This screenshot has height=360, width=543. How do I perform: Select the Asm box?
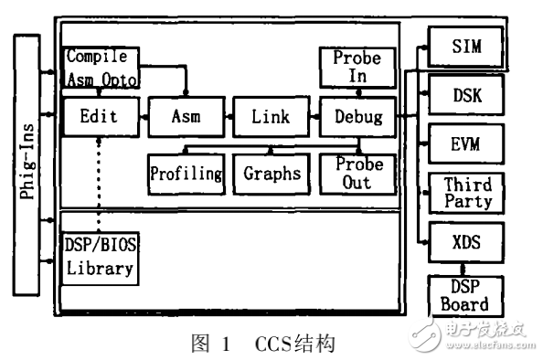point(186,117)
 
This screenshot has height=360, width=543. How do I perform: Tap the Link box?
point(270,117)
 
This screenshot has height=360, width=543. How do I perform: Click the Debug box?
point(357,117)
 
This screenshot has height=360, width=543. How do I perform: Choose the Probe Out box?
point(357,173)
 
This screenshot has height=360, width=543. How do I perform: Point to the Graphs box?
point(271,173)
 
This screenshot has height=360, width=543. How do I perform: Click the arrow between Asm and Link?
point(227,117)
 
